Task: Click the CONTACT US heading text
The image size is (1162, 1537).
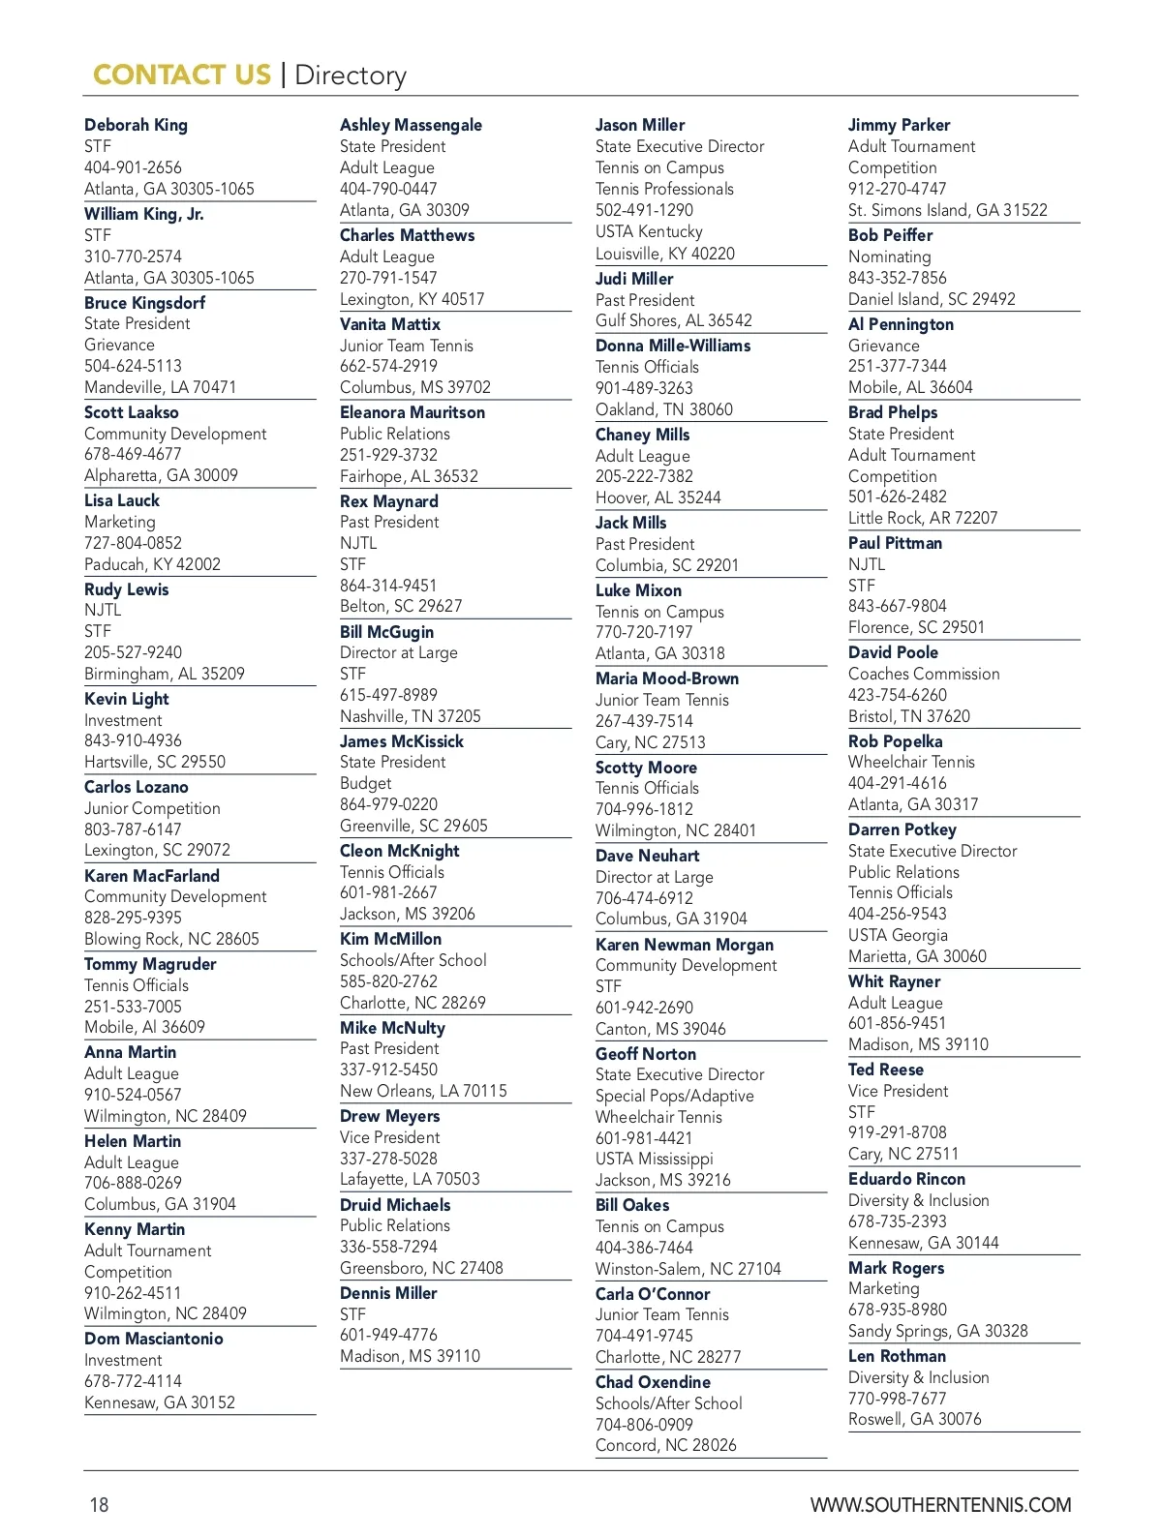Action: [181, 75]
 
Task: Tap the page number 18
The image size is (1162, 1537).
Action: [99, 1505]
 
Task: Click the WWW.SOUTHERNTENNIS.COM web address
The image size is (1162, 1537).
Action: [940, 1505]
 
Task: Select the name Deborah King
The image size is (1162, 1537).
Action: [136, 125]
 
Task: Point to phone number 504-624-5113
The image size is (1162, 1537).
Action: [133, 366]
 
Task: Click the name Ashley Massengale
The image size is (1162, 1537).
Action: [411, 125]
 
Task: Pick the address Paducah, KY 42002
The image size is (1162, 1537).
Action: [152, 564]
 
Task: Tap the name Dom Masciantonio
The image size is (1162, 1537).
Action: [153, 1339]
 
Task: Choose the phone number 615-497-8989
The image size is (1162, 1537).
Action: [388, 695]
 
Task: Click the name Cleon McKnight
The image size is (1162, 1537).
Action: [399, 851]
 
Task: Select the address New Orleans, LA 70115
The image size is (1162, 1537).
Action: [423, 1091]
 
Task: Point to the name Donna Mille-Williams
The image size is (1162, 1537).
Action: [673, 346]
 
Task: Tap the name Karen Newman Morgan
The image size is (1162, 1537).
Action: [685, 945]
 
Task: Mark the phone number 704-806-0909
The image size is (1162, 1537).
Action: [644, 1425]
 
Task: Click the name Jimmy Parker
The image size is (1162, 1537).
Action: [899, 125]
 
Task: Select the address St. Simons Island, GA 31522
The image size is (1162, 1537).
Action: [947, 210]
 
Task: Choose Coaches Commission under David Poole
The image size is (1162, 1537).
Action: [924, 674]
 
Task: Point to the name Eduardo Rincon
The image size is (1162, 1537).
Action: [906, 1179]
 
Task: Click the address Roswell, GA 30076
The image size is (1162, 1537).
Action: [914, 1419]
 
